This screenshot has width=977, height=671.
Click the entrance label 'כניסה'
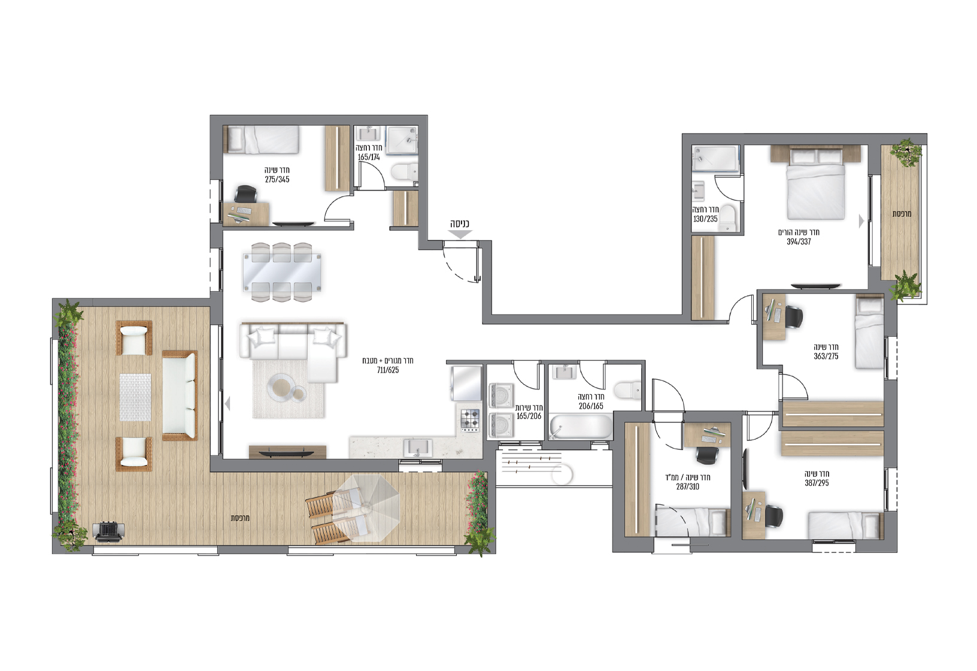[x=460, y=224]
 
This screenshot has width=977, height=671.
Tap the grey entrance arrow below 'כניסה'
[x=460, y=234]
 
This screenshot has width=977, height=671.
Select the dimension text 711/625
[x=388, y=370]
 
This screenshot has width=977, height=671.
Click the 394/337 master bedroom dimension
[x=799, y=242]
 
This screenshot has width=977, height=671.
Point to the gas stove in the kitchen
[x=470, y=420]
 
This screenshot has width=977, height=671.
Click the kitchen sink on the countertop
[x=418, y=448]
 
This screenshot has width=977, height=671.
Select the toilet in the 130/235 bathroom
[x=727, y=218]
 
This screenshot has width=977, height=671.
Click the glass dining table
[x=282, y=273]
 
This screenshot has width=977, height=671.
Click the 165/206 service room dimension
[x=529, y=416]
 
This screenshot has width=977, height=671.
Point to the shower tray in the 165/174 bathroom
[x=402, y=141]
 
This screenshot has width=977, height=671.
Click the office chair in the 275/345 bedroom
[x=245, y=195]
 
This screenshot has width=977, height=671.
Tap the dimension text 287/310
[x=687, y=486]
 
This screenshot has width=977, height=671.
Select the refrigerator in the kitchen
[x=467, y=384]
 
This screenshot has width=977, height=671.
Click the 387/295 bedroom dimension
[x=817, y=483]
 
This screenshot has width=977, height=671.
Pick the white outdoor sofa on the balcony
[x=180, y=395]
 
